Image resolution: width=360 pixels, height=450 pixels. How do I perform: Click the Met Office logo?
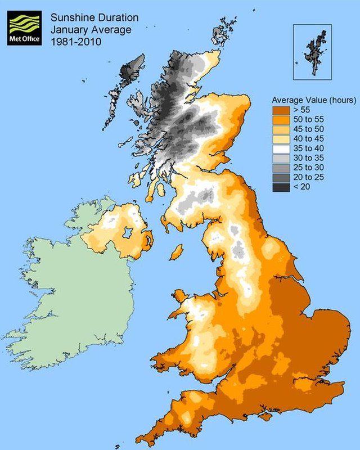(25, 28)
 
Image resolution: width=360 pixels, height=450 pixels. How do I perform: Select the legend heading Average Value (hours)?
(313, 101)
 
